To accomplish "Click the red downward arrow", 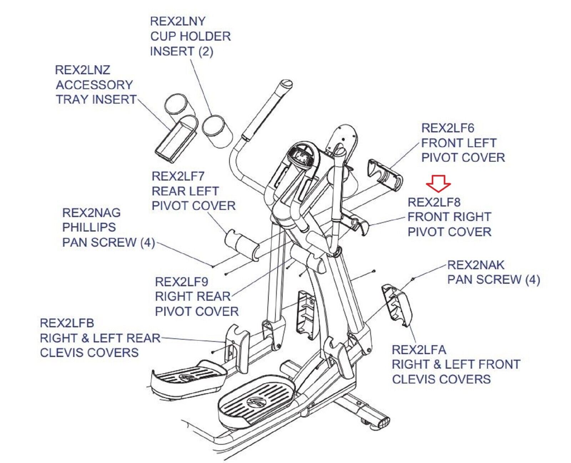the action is click(x=438, y=183).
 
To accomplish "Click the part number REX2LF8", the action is click(x=434, y=202).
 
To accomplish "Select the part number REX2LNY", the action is click(x=177, y=21).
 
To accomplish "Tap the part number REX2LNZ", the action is click(x=82, y=70).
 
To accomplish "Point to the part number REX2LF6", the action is click(x=448, y=128).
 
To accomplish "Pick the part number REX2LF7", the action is click(x=178, y=176).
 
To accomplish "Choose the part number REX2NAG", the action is click(x=91, y=213).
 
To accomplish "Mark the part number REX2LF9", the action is click(x=182, y=282).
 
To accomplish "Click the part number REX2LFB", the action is click(x=67, y=323).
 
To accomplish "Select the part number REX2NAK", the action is click(x=476, y=265).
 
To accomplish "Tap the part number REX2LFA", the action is click(x=419, y=349).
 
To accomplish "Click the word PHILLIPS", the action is click(x=89, y=227).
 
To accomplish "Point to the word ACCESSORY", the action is click(x=94, y=85).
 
